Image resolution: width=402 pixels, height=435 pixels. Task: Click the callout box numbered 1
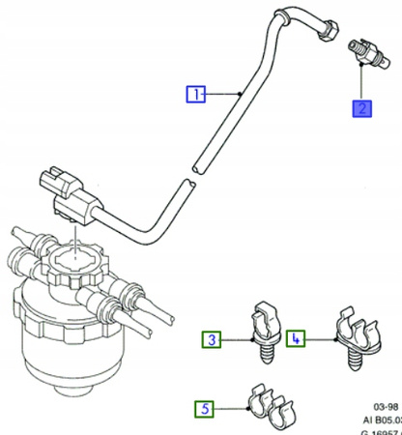tap(195, 95)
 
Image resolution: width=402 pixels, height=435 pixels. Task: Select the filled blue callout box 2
tap(361, 107)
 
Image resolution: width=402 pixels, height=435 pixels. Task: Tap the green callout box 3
tap(211, 339)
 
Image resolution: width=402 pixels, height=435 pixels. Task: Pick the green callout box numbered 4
tap(296, 339)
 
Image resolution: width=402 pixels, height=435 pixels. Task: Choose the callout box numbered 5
tap(205, 409)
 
